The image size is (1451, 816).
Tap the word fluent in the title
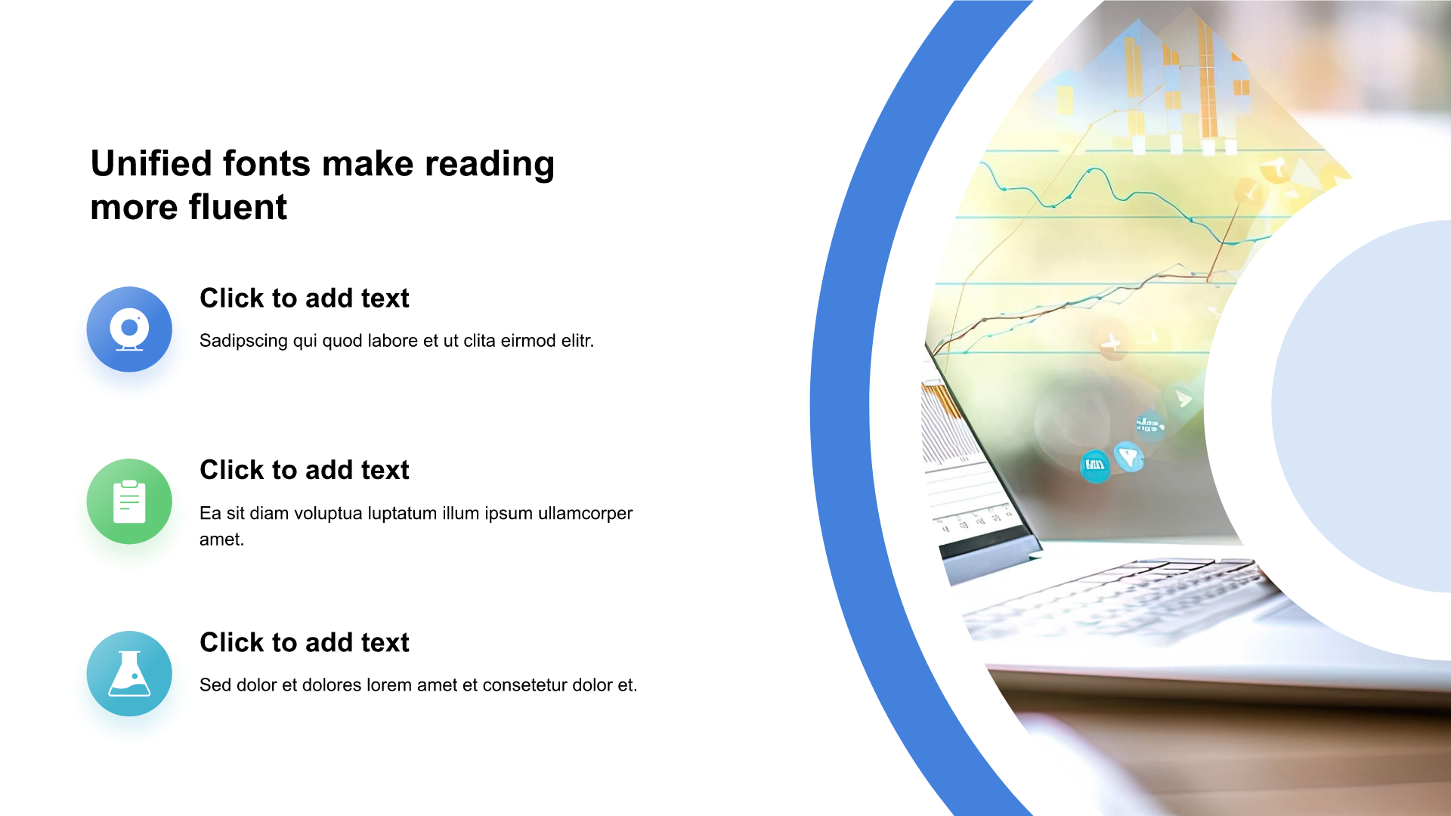click(237, 207)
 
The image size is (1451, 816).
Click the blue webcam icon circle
click(129, 329)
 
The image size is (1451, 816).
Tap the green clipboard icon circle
click(129, 502)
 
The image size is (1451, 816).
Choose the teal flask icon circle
click(129, 674)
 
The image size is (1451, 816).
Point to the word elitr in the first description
click(577, 341)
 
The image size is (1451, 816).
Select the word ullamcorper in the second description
click(585, 514)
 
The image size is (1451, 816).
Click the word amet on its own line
click(220, 539)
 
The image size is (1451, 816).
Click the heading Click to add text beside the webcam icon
click(305, 298)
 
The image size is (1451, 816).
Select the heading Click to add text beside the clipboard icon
click(305, 470)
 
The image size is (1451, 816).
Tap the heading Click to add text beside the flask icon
click(305, 642)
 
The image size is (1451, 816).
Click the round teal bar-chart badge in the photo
click(1095, 465)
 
